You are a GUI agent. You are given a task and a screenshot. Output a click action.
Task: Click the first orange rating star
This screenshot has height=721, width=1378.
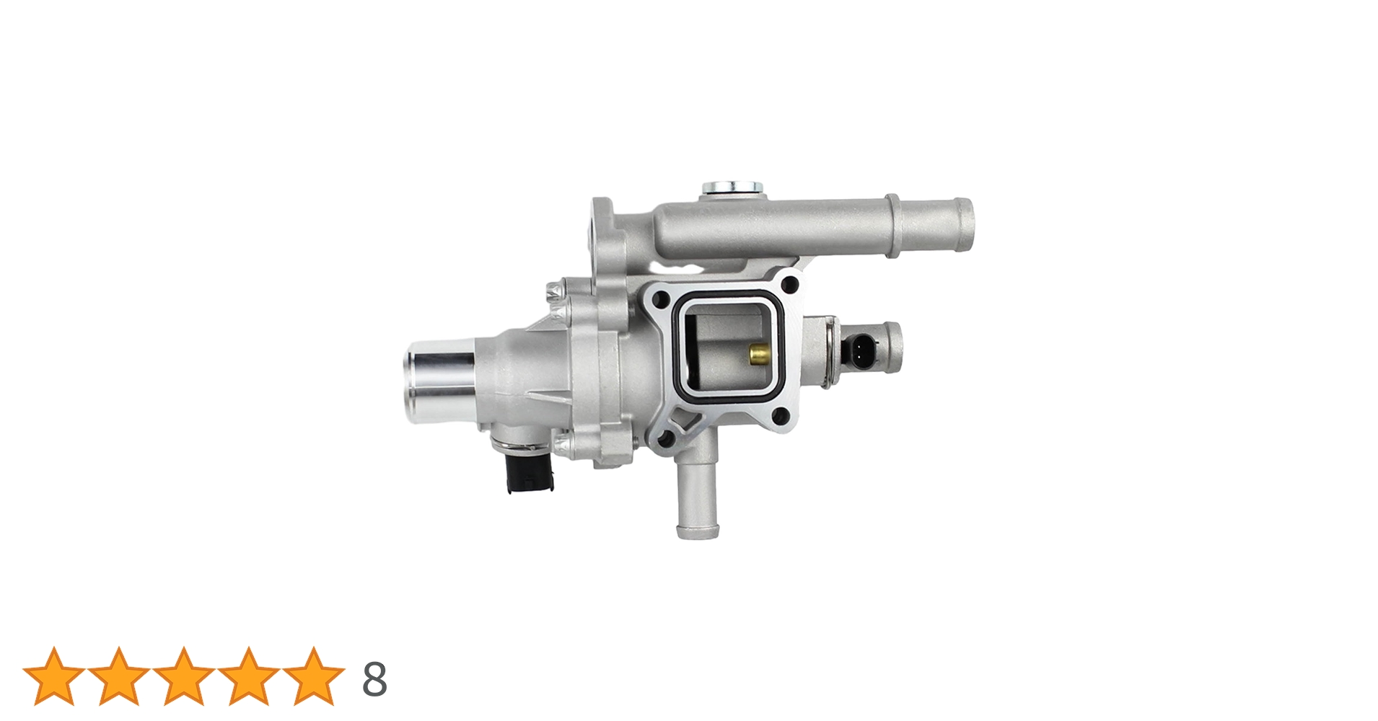[x=53, y=676]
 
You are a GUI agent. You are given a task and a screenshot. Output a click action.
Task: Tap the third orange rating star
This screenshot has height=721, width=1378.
[x=183, y=676]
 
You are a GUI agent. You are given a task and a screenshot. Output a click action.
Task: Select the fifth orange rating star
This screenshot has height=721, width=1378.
[x=313, y=676]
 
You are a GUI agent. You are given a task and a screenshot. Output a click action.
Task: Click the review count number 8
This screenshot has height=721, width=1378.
[x=374, y=679]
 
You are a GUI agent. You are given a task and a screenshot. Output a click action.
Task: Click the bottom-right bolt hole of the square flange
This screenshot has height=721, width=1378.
[x=779, y=414]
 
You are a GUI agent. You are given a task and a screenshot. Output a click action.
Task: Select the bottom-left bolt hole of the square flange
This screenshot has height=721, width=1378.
[x=666, y=436]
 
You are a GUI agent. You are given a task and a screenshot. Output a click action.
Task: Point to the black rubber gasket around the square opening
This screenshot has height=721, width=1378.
[x=678, y=346]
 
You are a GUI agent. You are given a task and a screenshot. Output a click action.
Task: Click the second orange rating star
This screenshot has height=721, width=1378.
[x=118, y=676]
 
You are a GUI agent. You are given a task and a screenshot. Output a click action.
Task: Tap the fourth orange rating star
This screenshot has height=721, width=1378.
[x=248, y=676]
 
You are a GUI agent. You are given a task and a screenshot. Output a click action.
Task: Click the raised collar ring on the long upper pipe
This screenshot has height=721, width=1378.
[x=893, y=226]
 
